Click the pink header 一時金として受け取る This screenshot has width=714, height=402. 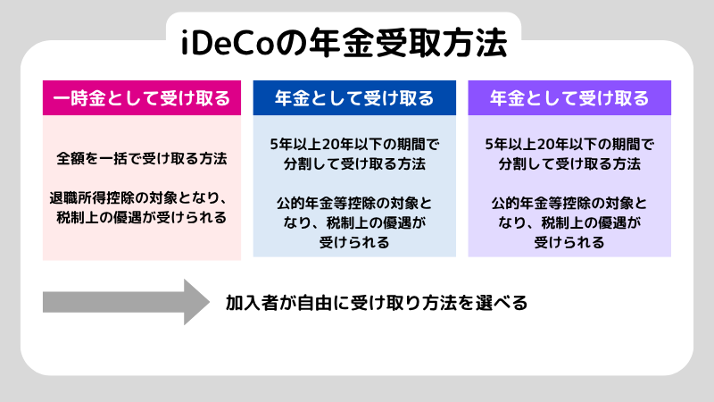pos(142,97)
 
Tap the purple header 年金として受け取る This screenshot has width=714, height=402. pos(569,97)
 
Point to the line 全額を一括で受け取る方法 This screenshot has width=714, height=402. pos(142,158)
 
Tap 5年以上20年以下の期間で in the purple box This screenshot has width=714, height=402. pos(569,144)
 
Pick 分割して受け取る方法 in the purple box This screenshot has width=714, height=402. pos(569,164)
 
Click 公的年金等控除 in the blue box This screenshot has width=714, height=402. pos(325,203)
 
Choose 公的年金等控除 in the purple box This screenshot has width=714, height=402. pos(540,203)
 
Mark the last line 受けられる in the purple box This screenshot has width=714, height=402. pos(569,242)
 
